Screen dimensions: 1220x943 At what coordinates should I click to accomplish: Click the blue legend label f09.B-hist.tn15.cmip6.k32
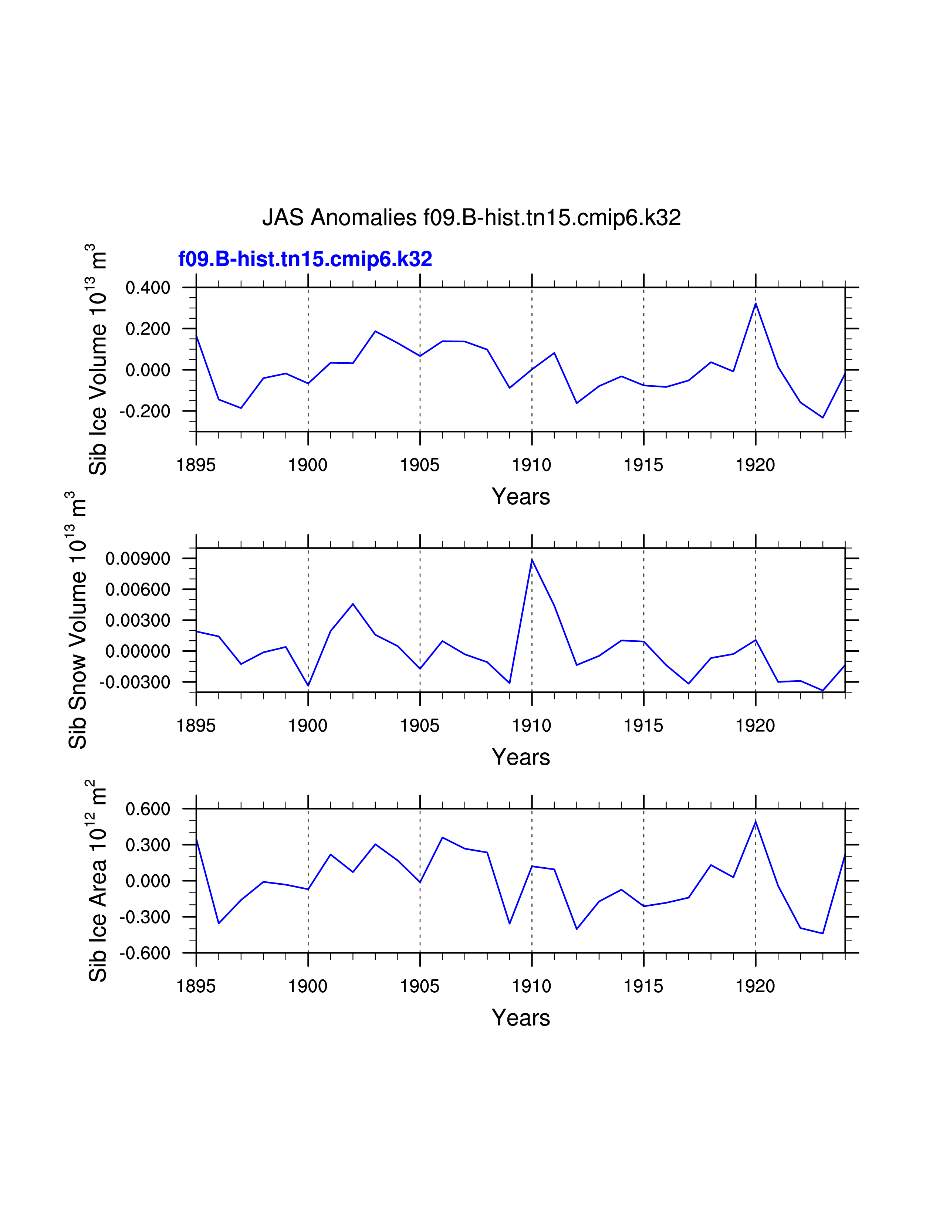[305, 259]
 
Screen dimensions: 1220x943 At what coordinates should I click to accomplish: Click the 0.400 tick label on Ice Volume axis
[148, 288]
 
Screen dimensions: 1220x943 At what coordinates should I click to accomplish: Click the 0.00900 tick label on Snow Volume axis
[138, 559]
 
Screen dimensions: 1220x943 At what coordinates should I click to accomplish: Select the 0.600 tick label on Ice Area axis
[148, 809]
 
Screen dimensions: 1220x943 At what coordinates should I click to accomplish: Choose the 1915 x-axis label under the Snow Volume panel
[643, 726]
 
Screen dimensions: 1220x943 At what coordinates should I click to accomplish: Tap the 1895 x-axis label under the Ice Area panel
[196, 986]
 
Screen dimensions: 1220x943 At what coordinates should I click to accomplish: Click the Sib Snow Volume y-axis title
[77, 620]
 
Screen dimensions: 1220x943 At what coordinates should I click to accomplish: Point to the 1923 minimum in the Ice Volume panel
[822, 417]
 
